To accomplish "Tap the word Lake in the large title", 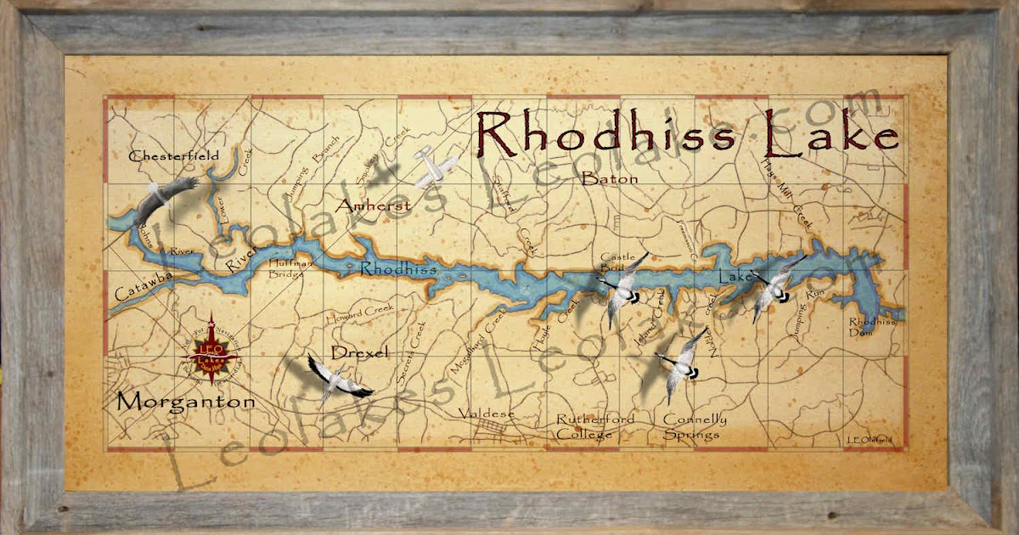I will [x=830, y=133].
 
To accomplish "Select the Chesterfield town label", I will [x=173, y=155].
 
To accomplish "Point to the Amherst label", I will [x=374, y=206].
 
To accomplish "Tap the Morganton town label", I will [x=185, y=402].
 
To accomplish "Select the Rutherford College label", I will [x=584, y=427].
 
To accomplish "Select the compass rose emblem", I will [x=208, y=348].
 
